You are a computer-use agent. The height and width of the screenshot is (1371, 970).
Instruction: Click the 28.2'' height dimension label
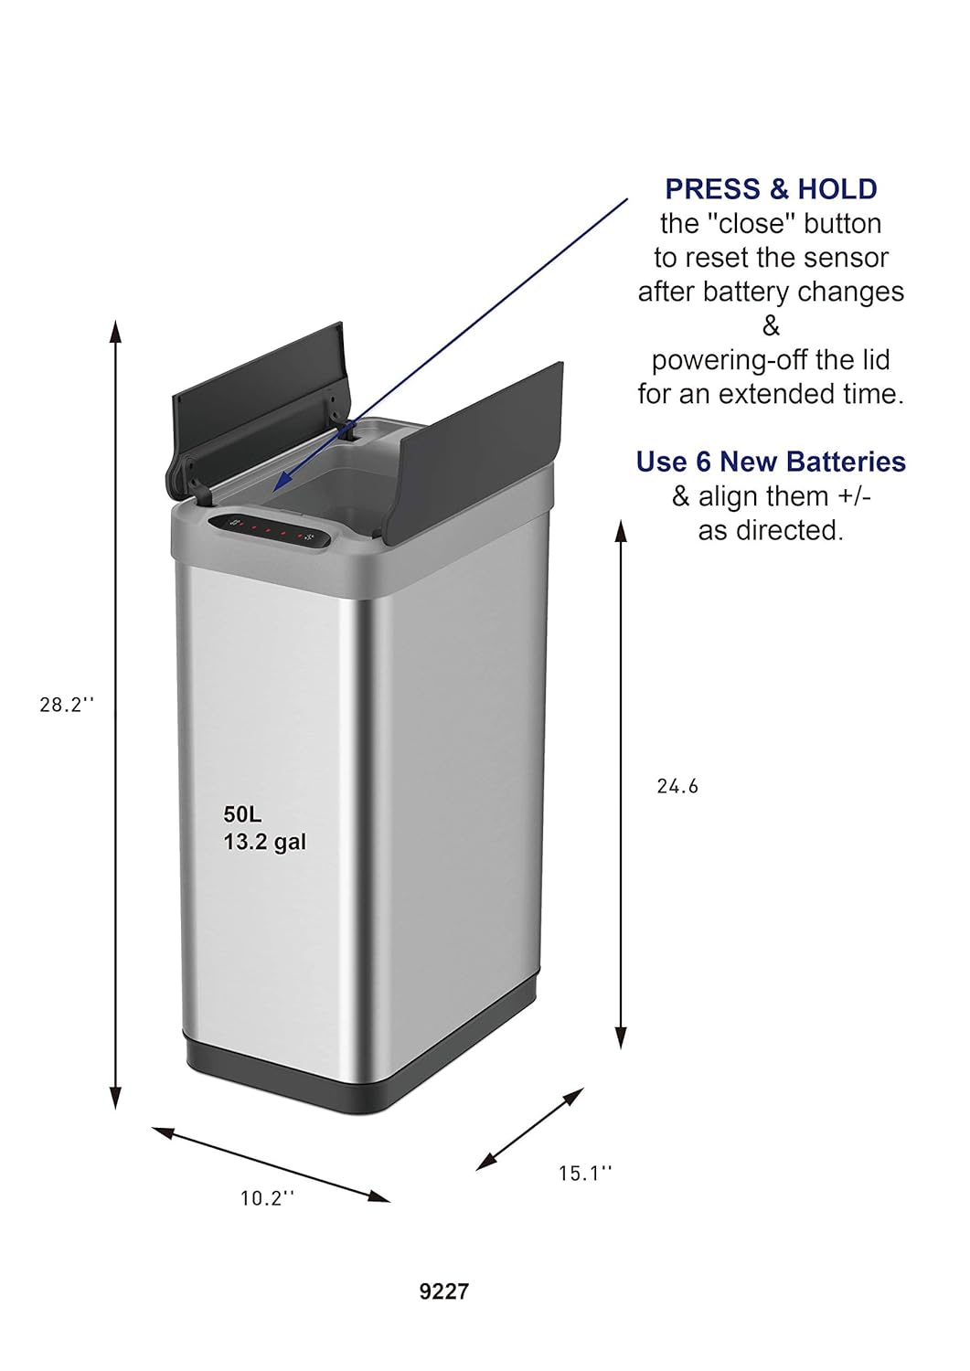click(67, 705)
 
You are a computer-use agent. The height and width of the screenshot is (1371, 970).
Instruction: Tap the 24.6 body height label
click(677, 786)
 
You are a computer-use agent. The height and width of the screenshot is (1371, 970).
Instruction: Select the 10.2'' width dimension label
click(267, 1198)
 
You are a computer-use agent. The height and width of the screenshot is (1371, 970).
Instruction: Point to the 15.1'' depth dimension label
click(585, 1174)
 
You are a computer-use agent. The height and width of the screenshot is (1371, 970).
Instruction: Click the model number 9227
click(444, 1291)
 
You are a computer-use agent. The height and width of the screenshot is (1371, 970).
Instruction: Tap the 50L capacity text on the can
click(242, 814)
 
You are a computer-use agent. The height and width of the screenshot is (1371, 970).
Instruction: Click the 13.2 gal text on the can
click(265, 842)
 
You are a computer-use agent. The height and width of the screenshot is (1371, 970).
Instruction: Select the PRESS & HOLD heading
click(771, 189)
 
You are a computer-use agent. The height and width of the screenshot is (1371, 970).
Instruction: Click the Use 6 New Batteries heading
click(771, 462)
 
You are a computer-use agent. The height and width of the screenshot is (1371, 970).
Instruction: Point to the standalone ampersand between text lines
click(771, 326)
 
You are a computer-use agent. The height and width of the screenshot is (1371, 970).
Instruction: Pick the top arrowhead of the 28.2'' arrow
click(115, 329)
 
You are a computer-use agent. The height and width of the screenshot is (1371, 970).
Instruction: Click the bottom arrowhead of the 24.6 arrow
click(621, 1037)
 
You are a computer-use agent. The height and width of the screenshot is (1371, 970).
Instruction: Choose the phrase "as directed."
click(771, 530)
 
